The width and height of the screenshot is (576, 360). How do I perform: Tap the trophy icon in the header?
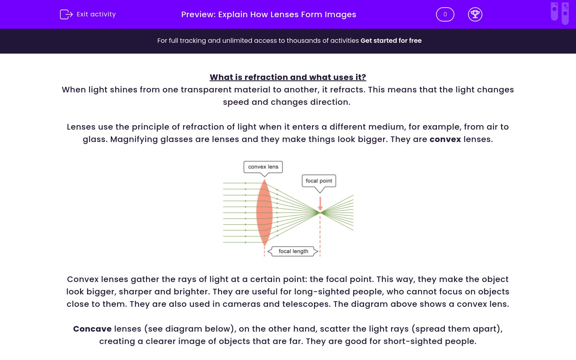[475, 14]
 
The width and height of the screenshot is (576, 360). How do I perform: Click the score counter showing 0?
[445, 14]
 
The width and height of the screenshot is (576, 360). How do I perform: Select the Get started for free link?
[391, 40]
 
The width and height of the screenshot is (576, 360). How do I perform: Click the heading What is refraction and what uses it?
[288, 77]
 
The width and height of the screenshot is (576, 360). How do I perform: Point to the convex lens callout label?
[263, 167]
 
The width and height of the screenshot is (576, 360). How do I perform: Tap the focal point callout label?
[319, 181]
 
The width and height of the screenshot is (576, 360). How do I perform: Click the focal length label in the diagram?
[293, 251]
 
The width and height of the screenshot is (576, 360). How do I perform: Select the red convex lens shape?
[264, 212]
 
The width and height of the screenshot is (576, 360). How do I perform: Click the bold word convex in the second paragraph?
[445, 139]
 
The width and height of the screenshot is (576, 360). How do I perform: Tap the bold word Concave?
[92, 329]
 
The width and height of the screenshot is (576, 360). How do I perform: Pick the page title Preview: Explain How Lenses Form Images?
[268, 14]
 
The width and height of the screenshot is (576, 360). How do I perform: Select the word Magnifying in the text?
[134, 139]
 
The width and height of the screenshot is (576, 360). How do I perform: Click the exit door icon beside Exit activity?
[66, 14]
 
